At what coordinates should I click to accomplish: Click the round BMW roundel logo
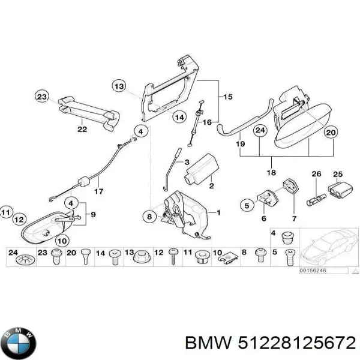[19, 343]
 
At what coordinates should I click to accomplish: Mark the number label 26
[316, 175]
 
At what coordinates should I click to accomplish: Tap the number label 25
[337, 175]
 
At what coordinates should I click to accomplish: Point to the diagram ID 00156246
[313, 271]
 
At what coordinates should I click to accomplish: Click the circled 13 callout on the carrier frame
[120, 88]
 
